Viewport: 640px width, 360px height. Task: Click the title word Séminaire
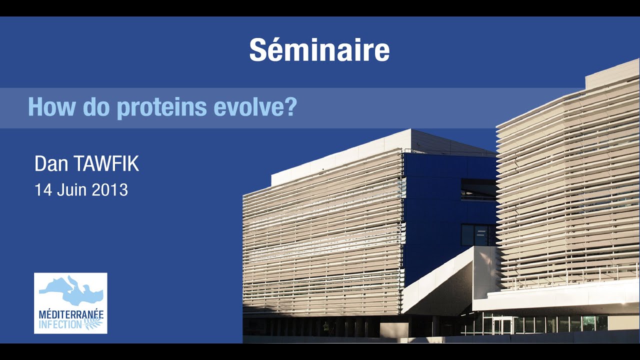point(319,50)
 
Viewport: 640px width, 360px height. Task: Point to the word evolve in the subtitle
point(249,107)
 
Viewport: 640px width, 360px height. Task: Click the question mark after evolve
point(290,107)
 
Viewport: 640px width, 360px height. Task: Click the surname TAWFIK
point(105,164)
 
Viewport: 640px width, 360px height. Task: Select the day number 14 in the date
point(42,190)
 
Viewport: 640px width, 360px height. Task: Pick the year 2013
point(109,190)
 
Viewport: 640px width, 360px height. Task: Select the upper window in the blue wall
point(477,189)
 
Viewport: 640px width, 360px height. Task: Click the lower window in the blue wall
point(477,235)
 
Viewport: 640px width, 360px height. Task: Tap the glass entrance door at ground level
point(502,326)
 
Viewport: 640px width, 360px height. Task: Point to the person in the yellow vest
point(326,328)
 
